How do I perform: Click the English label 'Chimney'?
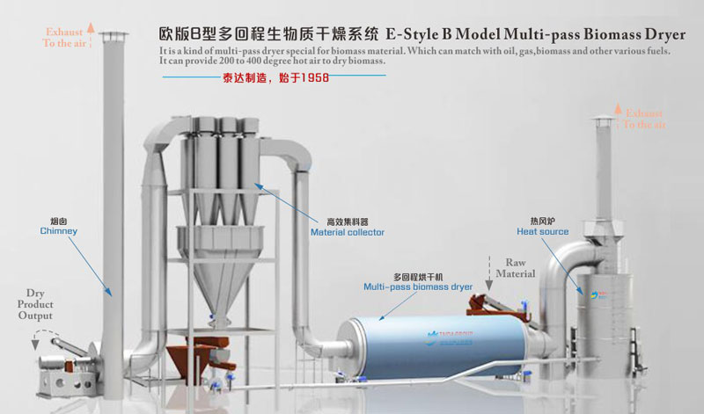coord(59,231)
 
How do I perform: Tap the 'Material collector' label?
coord(347,233)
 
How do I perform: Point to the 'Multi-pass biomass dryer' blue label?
coord(418,287)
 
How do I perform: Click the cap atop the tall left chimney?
coord(113,36)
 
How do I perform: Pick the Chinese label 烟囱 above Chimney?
coord(59,221)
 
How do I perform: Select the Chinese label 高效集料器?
coord(347,222)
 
